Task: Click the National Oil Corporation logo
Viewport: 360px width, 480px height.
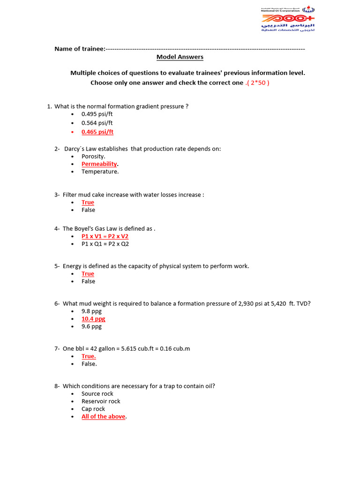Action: coord(287,19)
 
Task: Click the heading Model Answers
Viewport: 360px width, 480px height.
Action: coord(180,57)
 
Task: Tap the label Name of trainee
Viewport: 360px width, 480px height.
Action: coord(79,49)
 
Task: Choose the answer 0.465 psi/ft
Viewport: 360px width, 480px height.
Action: coord(97,132)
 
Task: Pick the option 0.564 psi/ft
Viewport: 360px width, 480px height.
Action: coord(97,123)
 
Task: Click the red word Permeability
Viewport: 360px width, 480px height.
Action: coord(99,164)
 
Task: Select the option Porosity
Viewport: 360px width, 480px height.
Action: coord(93,157)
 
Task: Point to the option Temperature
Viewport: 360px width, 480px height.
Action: coord(100,172)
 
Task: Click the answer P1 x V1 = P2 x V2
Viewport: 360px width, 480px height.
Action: coord(105,236)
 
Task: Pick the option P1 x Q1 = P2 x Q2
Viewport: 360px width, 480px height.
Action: coord(105,244)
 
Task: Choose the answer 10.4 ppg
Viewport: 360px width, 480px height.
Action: coord(93,319)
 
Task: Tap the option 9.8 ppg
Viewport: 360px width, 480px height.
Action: coord(91,311)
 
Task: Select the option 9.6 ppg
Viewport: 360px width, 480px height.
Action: coord(91,326)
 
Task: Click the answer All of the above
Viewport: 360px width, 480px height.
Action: coord(103,416)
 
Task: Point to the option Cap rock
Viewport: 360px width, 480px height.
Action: coord(93,409)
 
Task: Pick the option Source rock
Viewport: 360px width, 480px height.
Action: coord(97,394)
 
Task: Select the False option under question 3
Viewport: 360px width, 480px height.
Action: coord(88,210)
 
